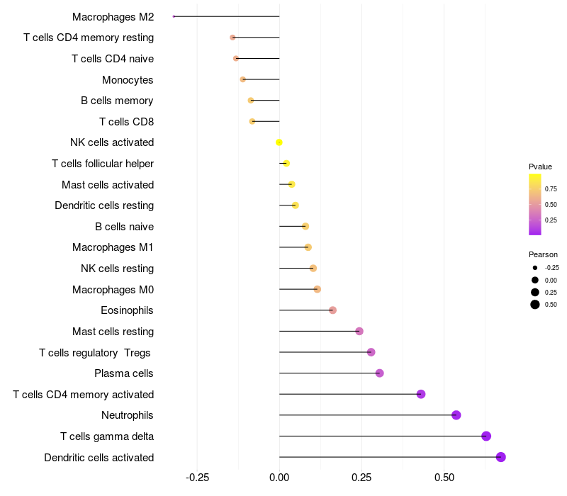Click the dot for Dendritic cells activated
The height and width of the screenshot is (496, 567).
click(x=501, y=457)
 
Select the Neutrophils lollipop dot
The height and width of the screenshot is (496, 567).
click(x=456, y=415)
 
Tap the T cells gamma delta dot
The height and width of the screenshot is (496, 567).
click(x=486, y=436)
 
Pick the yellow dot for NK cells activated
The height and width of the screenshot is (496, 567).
click(x=279, y=142)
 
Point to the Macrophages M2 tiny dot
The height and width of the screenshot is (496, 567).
click(x=174, y=16)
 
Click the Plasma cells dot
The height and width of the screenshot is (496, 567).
click(x=379, y=373)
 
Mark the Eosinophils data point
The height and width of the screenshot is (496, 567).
click(x=333, y=310)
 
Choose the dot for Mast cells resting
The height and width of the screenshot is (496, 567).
click(x=359, y=331)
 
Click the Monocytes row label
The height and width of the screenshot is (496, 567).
click(x=128, y=79)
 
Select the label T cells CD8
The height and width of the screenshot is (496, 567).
click(x=126, y=122)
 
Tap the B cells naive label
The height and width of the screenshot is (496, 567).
click(x=124, y=227)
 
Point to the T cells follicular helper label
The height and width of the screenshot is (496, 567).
click(x=103, y=164)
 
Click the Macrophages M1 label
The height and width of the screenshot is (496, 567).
click(x=113, y=247)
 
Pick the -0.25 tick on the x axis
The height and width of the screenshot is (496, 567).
click(x=197, y=478)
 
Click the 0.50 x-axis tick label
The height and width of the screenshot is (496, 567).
click(x=444, y=478)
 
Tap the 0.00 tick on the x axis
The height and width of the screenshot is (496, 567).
click(x=279, y=478)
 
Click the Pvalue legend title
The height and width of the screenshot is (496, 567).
click(x=540, y=167)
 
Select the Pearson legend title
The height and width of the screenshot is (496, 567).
click(x=543, y=254)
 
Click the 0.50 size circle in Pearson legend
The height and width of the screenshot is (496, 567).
click(x=535, y=305)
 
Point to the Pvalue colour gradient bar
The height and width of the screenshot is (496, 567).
click(x=535, y=204)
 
